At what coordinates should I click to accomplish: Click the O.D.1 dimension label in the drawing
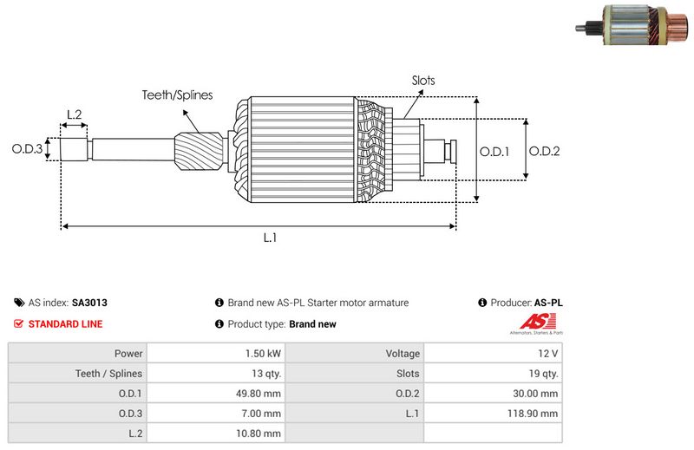pos(494,151)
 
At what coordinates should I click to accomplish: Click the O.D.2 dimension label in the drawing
pos(545,151)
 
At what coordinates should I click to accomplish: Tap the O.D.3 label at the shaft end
pos(27,149)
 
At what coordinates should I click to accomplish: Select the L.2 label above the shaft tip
pos(74,114)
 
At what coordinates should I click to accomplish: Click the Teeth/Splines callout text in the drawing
pos(177,95)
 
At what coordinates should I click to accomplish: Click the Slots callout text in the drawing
pos(423,81)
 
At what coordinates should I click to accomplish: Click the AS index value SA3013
pos(89,303)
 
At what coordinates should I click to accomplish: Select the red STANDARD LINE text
pos(65,324)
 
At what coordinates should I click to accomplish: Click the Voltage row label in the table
pos(403,354)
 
